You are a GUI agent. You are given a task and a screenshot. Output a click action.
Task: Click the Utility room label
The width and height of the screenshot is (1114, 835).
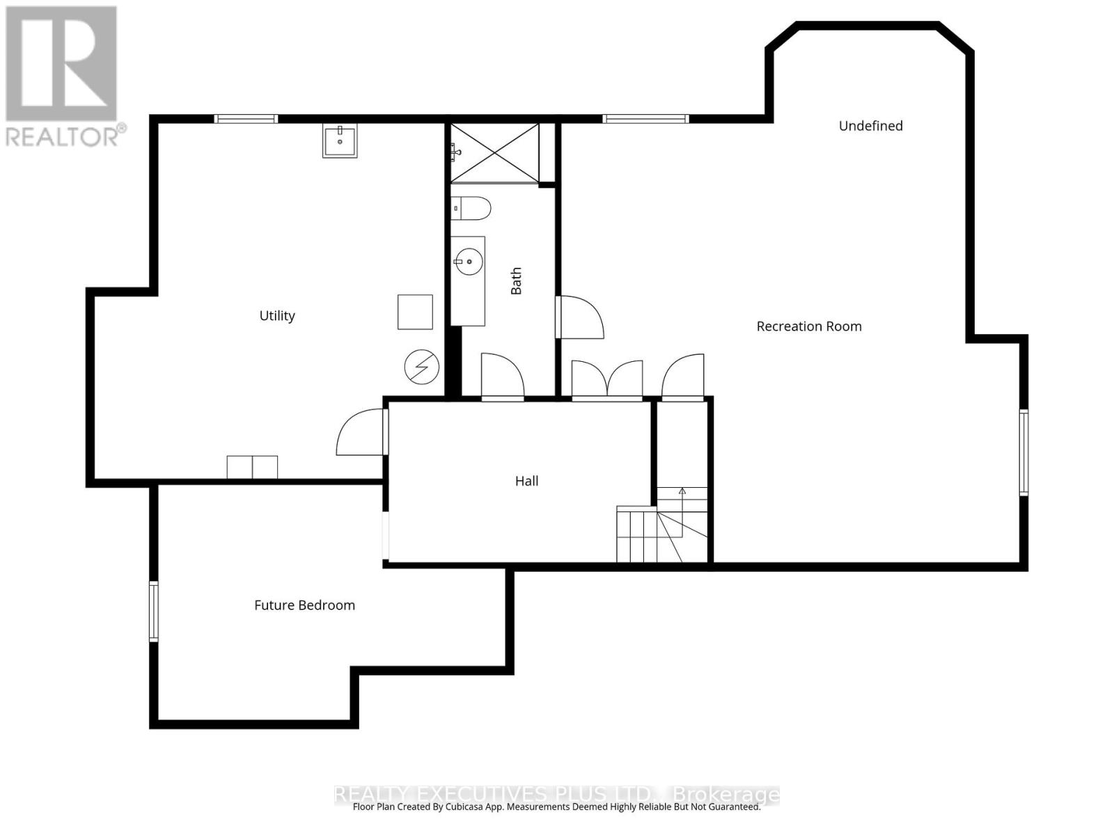[277, 316]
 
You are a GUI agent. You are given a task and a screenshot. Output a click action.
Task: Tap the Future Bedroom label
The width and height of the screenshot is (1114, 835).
[304, 605]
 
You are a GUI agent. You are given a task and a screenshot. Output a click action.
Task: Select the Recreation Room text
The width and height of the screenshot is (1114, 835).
[808, 326]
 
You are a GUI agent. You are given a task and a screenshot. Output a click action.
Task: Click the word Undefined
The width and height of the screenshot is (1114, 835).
[870, 126]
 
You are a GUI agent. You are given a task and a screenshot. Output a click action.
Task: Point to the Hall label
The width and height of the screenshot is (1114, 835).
[526, 481]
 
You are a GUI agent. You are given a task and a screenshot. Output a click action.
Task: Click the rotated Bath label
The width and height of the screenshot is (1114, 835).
[516, 281]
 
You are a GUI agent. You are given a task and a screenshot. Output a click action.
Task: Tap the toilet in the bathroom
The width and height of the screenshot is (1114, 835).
[471, 208]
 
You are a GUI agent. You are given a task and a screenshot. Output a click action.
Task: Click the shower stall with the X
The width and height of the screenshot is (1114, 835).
[495, 153]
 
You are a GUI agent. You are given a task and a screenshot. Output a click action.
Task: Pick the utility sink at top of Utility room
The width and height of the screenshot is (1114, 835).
[340, 141]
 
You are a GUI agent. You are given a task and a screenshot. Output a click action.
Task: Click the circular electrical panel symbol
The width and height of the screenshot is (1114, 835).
[422, 367]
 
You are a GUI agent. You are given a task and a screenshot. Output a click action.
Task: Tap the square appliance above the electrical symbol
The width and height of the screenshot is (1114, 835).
[415, 312]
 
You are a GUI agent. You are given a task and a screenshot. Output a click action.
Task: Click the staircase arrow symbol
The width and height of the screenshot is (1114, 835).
[682, 491]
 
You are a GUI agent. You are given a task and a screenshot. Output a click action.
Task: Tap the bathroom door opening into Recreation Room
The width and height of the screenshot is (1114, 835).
[580, 318]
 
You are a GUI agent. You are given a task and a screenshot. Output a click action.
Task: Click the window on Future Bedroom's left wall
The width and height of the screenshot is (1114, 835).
[154, 611]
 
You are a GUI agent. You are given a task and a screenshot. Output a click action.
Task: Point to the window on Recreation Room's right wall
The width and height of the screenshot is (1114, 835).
[1023, 452]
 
